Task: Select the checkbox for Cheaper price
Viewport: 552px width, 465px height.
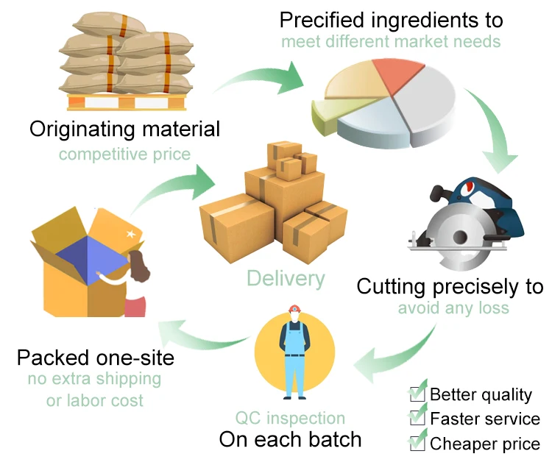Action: pos(417,443)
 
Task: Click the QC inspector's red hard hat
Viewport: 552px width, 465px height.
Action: pos(294,310)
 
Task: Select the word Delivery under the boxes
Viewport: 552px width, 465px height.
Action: pos(286,278)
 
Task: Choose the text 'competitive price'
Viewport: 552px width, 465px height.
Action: pos(124,155)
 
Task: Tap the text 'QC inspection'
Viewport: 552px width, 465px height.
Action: pos(290,419)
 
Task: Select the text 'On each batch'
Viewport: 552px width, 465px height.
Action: pos(290,440)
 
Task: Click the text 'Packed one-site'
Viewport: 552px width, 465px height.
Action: pos(96,358)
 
